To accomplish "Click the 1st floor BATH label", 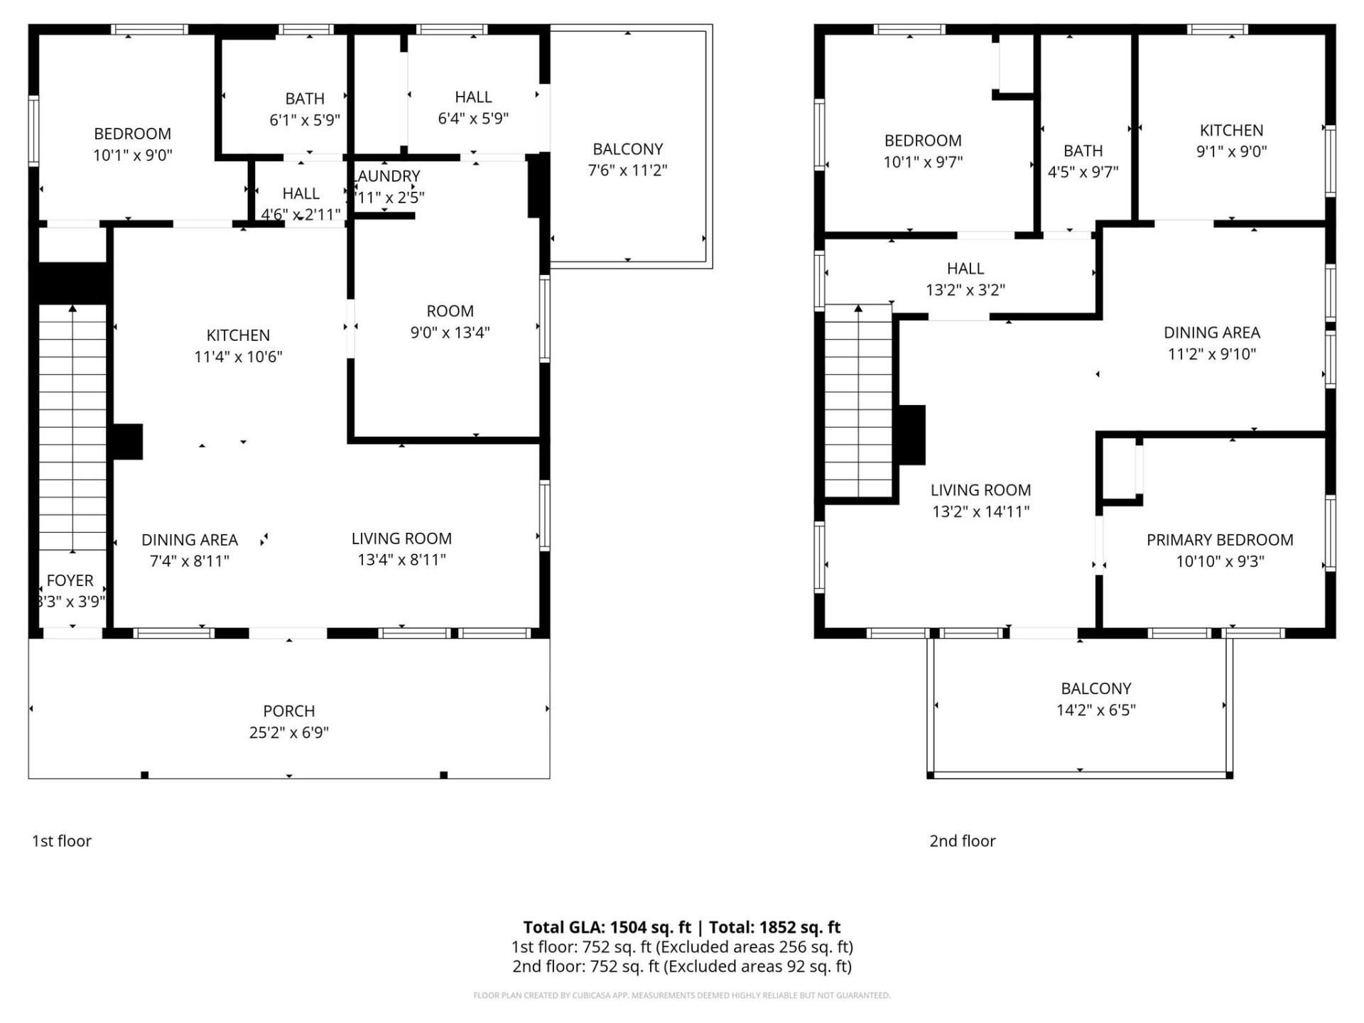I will tap(305, 99).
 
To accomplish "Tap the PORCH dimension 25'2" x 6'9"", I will tap(288, 732).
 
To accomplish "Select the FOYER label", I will tap(70, 580).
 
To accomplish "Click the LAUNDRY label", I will tap(388, 176).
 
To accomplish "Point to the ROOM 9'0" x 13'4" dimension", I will tap(450, 332).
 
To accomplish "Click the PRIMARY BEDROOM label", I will tap(1219, 540).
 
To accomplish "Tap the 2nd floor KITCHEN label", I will tap(1231, 131).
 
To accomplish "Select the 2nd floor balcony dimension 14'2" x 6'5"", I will tap(1095, 710).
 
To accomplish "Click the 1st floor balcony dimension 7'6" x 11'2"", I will tap(627, 170).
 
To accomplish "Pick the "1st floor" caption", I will tap(62, 841).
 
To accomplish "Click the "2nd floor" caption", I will tap(962, 841).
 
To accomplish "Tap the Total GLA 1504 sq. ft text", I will tap(607, 927).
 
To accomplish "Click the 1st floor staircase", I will tap(72, 426).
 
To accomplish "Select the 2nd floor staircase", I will tap(858, 401).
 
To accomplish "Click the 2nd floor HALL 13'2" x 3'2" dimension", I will tap(965, 290).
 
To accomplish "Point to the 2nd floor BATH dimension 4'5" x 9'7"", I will tap(1083, 172).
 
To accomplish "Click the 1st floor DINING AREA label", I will tap(189, 540).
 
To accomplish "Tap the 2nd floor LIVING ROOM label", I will tap(980, 490).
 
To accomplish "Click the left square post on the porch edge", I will tap(145, 774).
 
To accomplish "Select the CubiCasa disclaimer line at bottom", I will tap(681, 995).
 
